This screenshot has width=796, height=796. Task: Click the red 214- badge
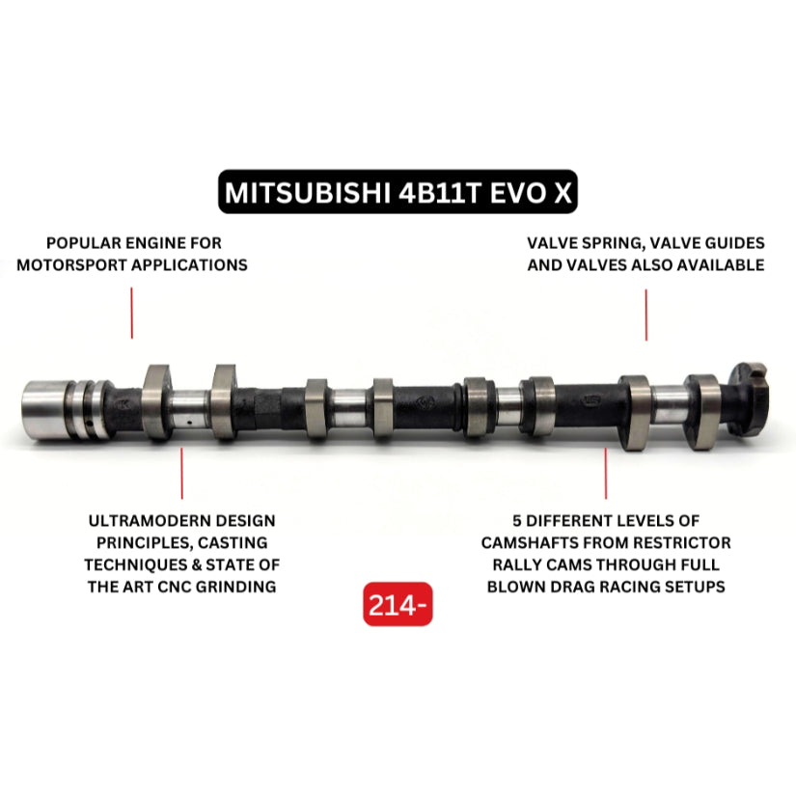point(398,605)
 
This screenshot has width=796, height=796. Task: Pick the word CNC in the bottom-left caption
point(201,587)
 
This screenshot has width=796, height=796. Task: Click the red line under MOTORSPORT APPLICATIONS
point(132,316)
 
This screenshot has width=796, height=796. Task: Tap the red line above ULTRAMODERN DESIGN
point(182,473)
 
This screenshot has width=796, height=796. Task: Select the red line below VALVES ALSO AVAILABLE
point(645,316)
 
